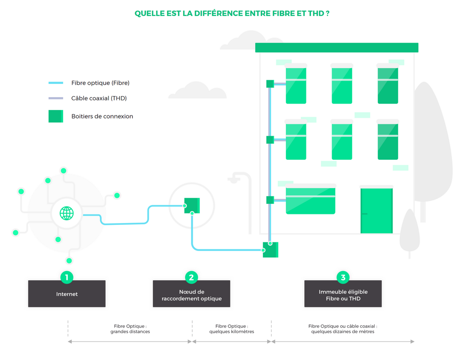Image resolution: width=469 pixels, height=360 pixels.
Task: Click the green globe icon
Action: [x=67, y=213]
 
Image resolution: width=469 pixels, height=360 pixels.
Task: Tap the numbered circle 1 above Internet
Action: [x=67, y=278]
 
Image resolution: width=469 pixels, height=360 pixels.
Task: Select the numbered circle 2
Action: [x=191, y=278]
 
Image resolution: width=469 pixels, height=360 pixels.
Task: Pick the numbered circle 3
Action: [x=343, y=278]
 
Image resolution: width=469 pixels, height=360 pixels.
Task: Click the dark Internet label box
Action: [x=67, y=294]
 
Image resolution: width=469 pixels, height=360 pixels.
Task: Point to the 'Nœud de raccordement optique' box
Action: [x=191, y=294]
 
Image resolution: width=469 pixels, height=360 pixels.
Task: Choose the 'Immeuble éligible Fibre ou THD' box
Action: [x=343, y=294]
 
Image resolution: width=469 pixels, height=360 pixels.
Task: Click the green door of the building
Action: [x=376, y=211]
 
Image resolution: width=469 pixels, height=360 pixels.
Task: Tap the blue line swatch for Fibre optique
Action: [x=56, y=83]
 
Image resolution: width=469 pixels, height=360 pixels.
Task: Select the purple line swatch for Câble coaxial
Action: [x=56, y=98]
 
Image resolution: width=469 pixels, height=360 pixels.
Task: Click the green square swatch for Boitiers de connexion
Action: [x=56, y=116]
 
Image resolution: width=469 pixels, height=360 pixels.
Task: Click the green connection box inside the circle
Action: [x=192, y=205]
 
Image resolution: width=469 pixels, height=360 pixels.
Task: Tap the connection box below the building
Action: [x=270, y=250]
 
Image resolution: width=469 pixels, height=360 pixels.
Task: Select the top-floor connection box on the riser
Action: [x=270, y=84]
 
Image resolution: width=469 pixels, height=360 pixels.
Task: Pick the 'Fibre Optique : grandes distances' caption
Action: [x=130, y=329]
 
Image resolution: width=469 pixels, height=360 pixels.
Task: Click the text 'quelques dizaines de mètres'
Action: [x=343, y=332]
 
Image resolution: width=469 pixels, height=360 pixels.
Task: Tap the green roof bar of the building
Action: [x=337, y=48]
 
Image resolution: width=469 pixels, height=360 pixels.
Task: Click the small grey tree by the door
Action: [x=409, y=232]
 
